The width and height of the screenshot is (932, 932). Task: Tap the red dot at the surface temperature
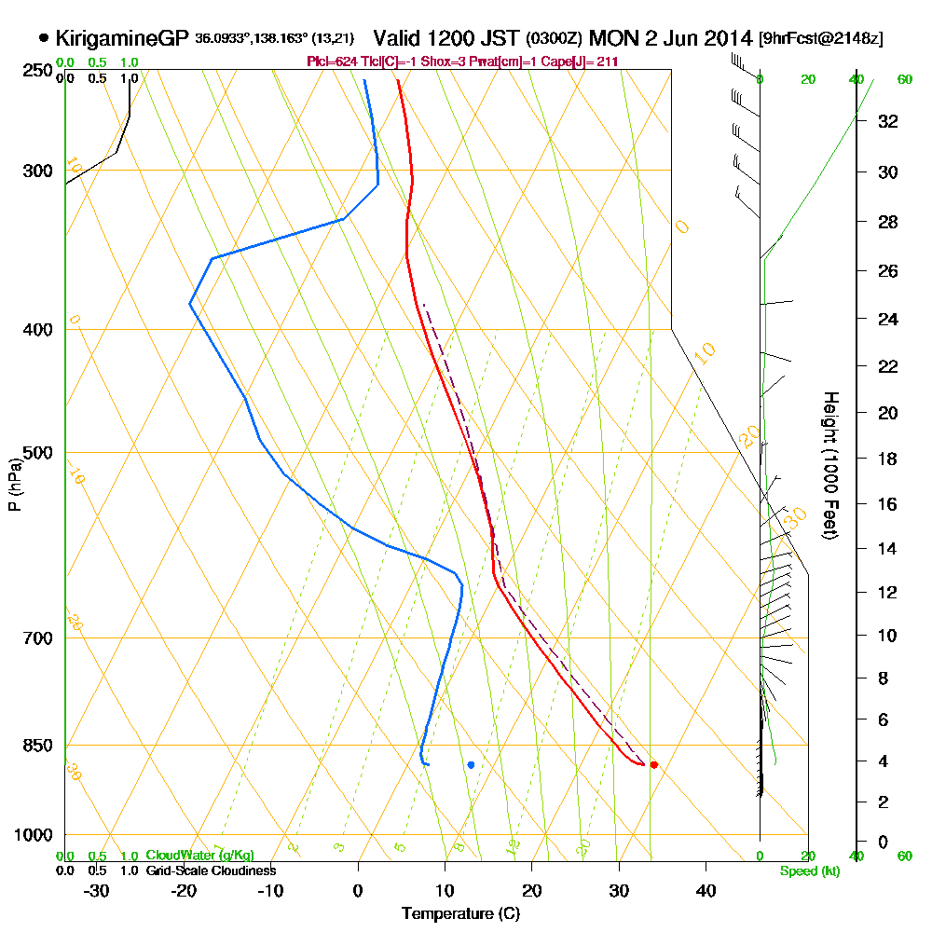point(653,764)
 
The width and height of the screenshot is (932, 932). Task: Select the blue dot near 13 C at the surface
point(471,764)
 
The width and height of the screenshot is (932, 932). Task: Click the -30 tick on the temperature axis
point(97,891)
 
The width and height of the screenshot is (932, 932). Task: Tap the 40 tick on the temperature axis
point(706,891)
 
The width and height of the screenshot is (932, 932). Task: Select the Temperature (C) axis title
point(460,913)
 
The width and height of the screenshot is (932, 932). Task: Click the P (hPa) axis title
point(14,484)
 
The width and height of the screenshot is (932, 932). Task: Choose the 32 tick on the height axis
point(888,121)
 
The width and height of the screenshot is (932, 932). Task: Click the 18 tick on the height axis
point(888,459)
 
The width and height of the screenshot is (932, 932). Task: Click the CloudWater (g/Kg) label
point(199,856)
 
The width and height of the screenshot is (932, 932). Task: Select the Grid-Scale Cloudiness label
point(210,870)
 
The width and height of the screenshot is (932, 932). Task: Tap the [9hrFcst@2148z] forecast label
point(821,39)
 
